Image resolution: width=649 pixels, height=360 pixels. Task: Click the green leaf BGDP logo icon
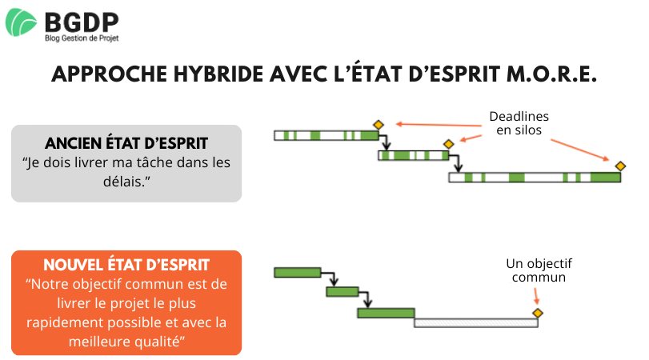click(x=22, y=22)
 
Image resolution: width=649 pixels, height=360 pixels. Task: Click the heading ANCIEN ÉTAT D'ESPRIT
click(x=126, y=143)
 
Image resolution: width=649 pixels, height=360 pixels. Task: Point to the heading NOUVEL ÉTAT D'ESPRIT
click(x=126, y=265)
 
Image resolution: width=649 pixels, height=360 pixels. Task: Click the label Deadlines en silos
click(x=519, y=123)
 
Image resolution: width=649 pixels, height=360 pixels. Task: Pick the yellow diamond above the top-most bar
click(x=378, y=125)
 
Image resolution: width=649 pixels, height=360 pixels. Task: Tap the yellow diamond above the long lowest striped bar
click(x=620, y=166)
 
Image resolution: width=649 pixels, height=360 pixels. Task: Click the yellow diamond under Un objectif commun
click(x=538, y=313)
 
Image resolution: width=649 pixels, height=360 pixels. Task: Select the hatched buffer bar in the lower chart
click(x=475, y=323)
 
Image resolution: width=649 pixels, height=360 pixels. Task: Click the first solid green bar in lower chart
click(x=297, y=273)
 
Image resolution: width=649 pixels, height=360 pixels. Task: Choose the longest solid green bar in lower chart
click(x=386, y=313)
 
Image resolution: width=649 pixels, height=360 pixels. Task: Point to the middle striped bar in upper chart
click(x=413, y=156)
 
